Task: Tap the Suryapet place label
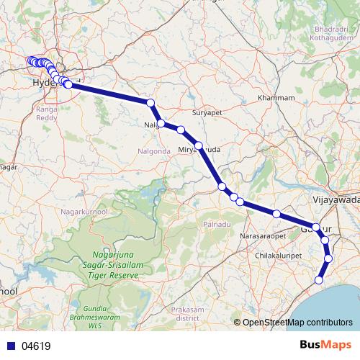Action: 209,113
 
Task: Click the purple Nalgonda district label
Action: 153,151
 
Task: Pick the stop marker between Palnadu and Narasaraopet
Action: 276,214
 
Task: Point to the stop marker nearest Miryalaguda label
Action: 199,145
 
